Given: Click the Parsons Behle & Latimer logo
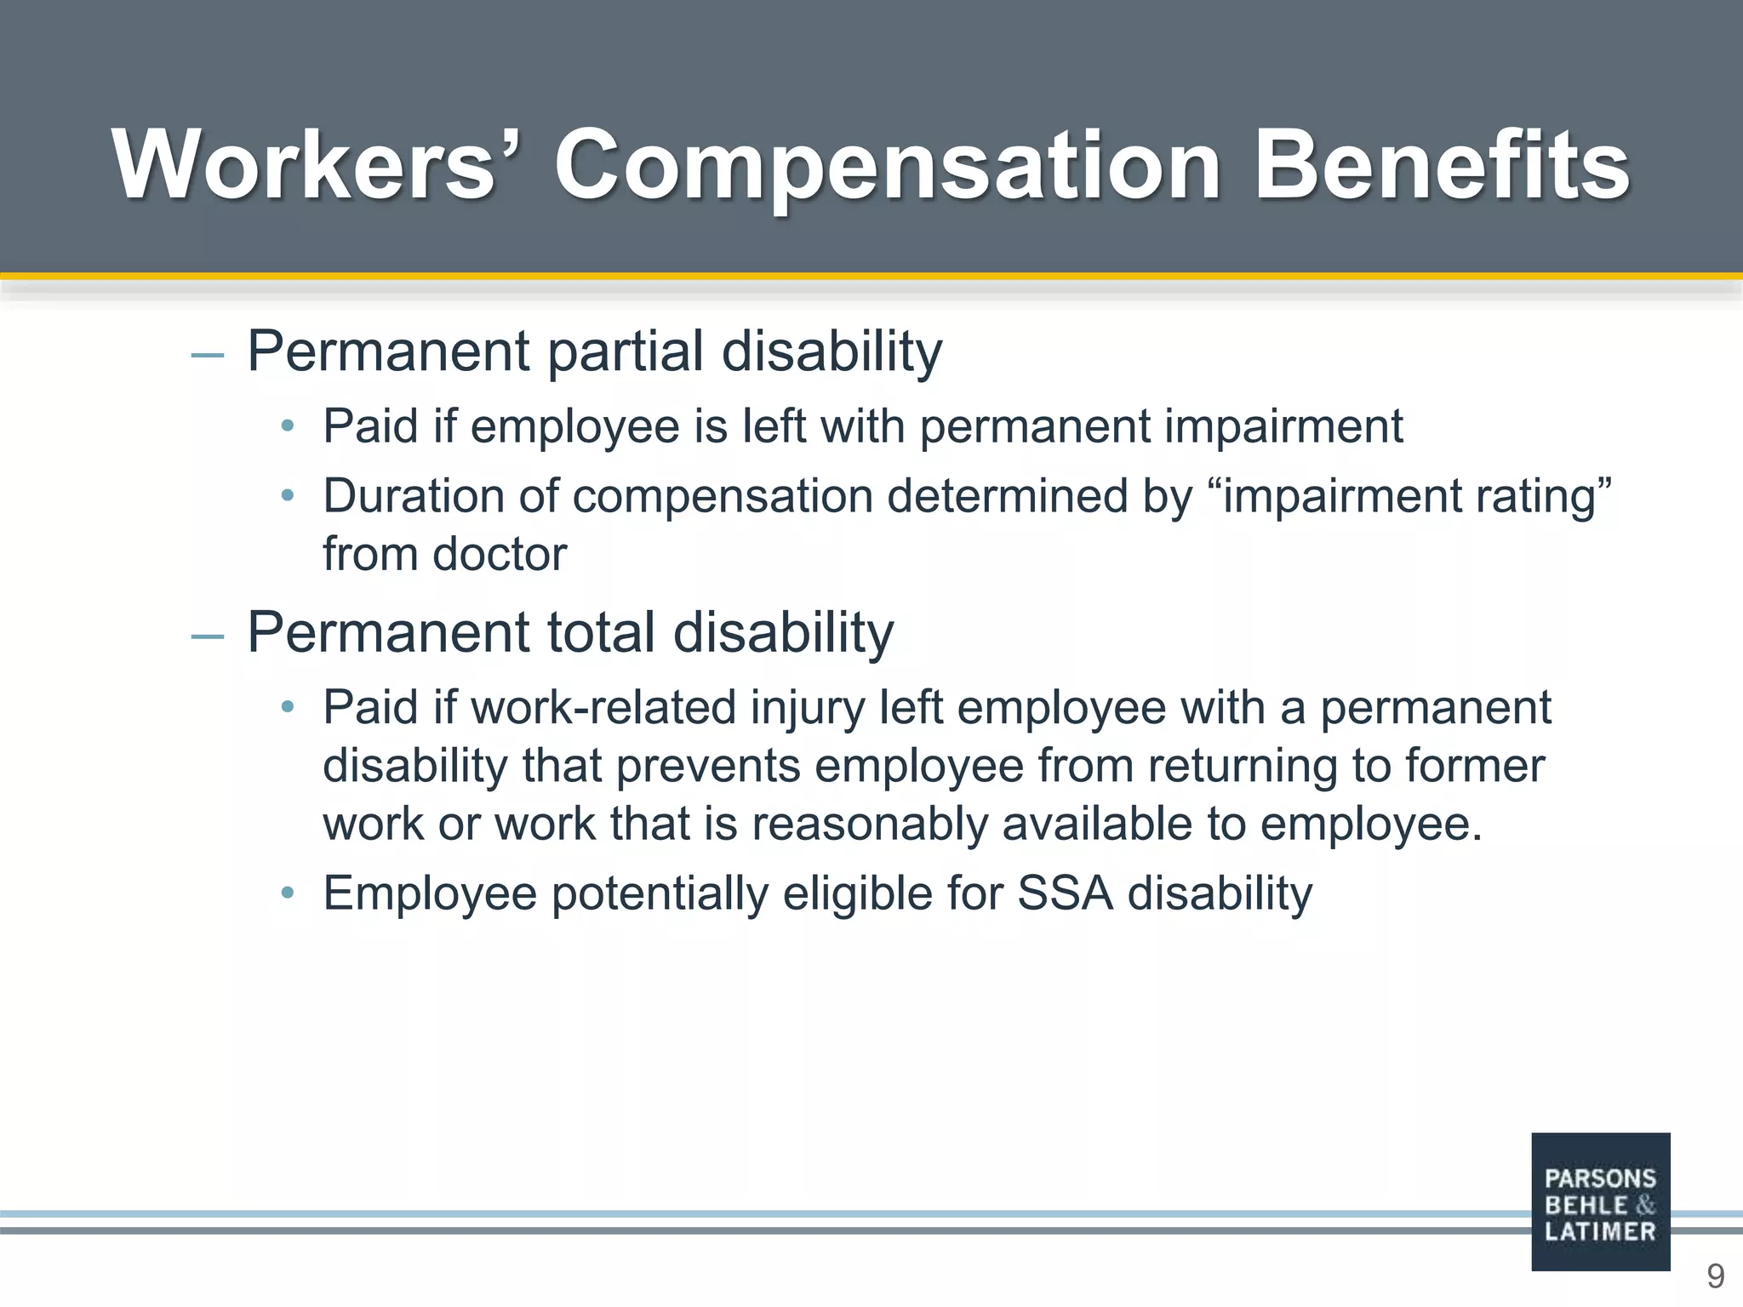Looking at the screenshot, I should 1600,1201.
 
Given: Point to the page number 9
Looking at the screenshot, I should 1715,1276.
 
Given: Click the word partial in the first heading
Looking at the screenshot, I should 626,351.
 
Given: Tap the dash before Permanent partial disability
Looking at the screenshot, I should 208,355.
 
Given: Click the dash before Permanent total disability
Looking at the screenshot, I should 208,636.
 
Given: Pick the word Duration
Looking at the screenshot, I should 414,495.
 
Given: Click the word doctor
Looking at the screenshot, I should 499,555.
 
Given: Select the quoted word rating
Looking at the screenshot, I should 1542,497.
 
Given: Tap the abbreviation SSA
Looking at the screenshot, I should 1065,893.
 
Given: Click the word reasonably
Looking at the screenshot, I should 868,824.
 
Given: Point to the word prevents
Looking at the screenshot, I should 708,766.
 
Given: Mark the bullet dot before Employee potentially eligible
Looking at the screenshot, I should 288,893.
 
